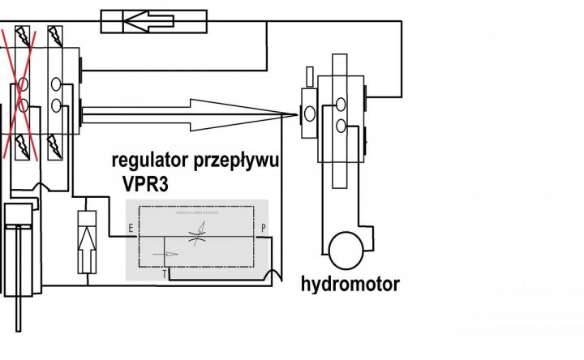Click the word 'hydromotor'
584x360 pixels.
click(x=351, y=285)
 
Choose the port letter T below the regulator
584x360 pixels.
click(x=165, y=274)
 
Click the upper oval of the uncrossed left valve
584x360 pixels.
click(x=55, y=84)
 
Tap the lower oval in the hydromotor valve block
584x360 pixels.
click(x=341, y=124)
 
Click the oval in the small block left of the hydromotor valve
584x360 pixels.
click(x=310, y=114)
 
